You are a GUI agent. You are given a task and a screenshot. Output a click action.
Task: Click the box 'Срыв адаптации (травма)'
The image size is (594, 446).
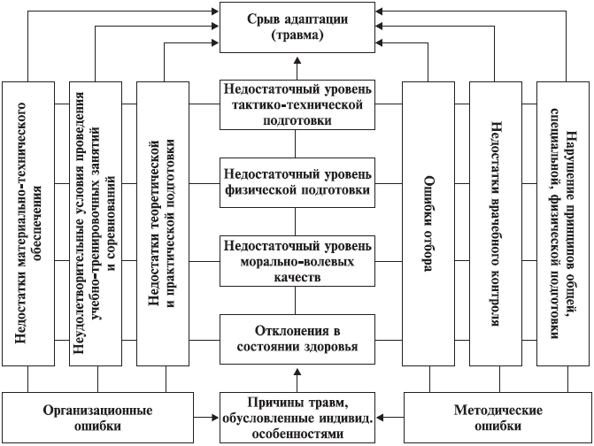pos(297,27)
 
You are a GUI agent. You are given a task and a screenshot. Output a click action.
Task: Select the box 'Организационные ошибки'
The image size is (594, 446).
pos(97,418)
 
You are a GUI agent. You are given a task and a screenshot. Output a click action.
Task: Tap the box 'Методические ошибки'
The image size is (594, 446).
pos(498,418)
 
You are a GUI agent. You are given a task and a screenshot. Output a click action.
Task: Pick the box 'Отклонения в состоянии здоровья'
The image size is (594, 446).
pos(297,339)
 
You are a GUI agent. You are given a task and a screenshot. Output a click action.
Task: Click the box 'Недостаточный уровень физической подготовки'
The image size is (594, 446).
pos(297,182)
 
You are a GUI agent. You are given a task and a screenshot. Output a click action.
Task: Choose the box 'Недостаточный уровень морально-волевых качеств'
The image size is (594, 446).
pos(297,261)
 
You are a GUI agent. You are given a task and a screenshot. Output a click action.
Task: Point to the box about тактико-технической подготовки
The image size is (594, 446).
pos(297,104)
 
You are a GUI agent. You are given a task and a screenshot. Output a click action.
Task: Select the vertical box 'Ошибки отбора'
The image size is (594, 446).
pos(428,224)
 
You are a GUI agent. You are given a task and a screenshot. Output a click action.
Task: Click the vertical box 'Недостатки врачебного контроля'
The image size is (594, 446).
pos(496,224)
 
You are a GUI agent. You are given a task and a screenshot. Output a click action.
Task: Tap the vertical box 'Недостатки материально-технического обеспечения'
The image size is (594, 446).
pos(28,224)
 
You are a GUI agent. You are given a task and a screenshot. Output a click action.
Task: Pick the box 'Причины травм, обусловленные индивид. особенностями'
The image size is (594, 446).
pos(297,418)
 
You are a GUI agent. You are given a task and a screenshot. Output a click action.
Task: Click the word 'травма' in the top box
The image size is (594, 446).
pos(297,35)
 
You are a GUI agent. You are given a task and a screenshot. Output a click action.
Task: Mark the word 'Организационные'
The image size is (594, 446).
pos(97,411)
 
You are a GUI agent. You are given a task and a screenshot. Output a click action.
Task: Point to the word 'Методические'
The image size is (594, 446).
pos(498,410)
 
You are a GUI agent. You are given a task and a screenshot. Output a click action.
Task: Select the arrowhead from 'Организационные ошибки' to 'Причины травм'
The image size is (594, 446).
pos(215,418)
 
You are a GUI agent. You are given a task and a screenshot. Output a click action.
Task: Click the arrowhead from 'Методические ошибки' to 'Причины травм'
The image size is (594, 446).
pos(380,418)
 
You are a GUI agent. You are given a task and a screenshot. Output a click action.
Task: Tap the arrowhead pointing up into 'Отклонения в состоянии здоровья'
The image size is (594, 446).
pos(297,369)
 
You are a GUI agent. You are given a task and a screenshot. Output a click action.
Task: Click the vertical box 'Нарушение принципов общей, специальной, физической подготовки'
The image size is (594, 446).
pos(563,224)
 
